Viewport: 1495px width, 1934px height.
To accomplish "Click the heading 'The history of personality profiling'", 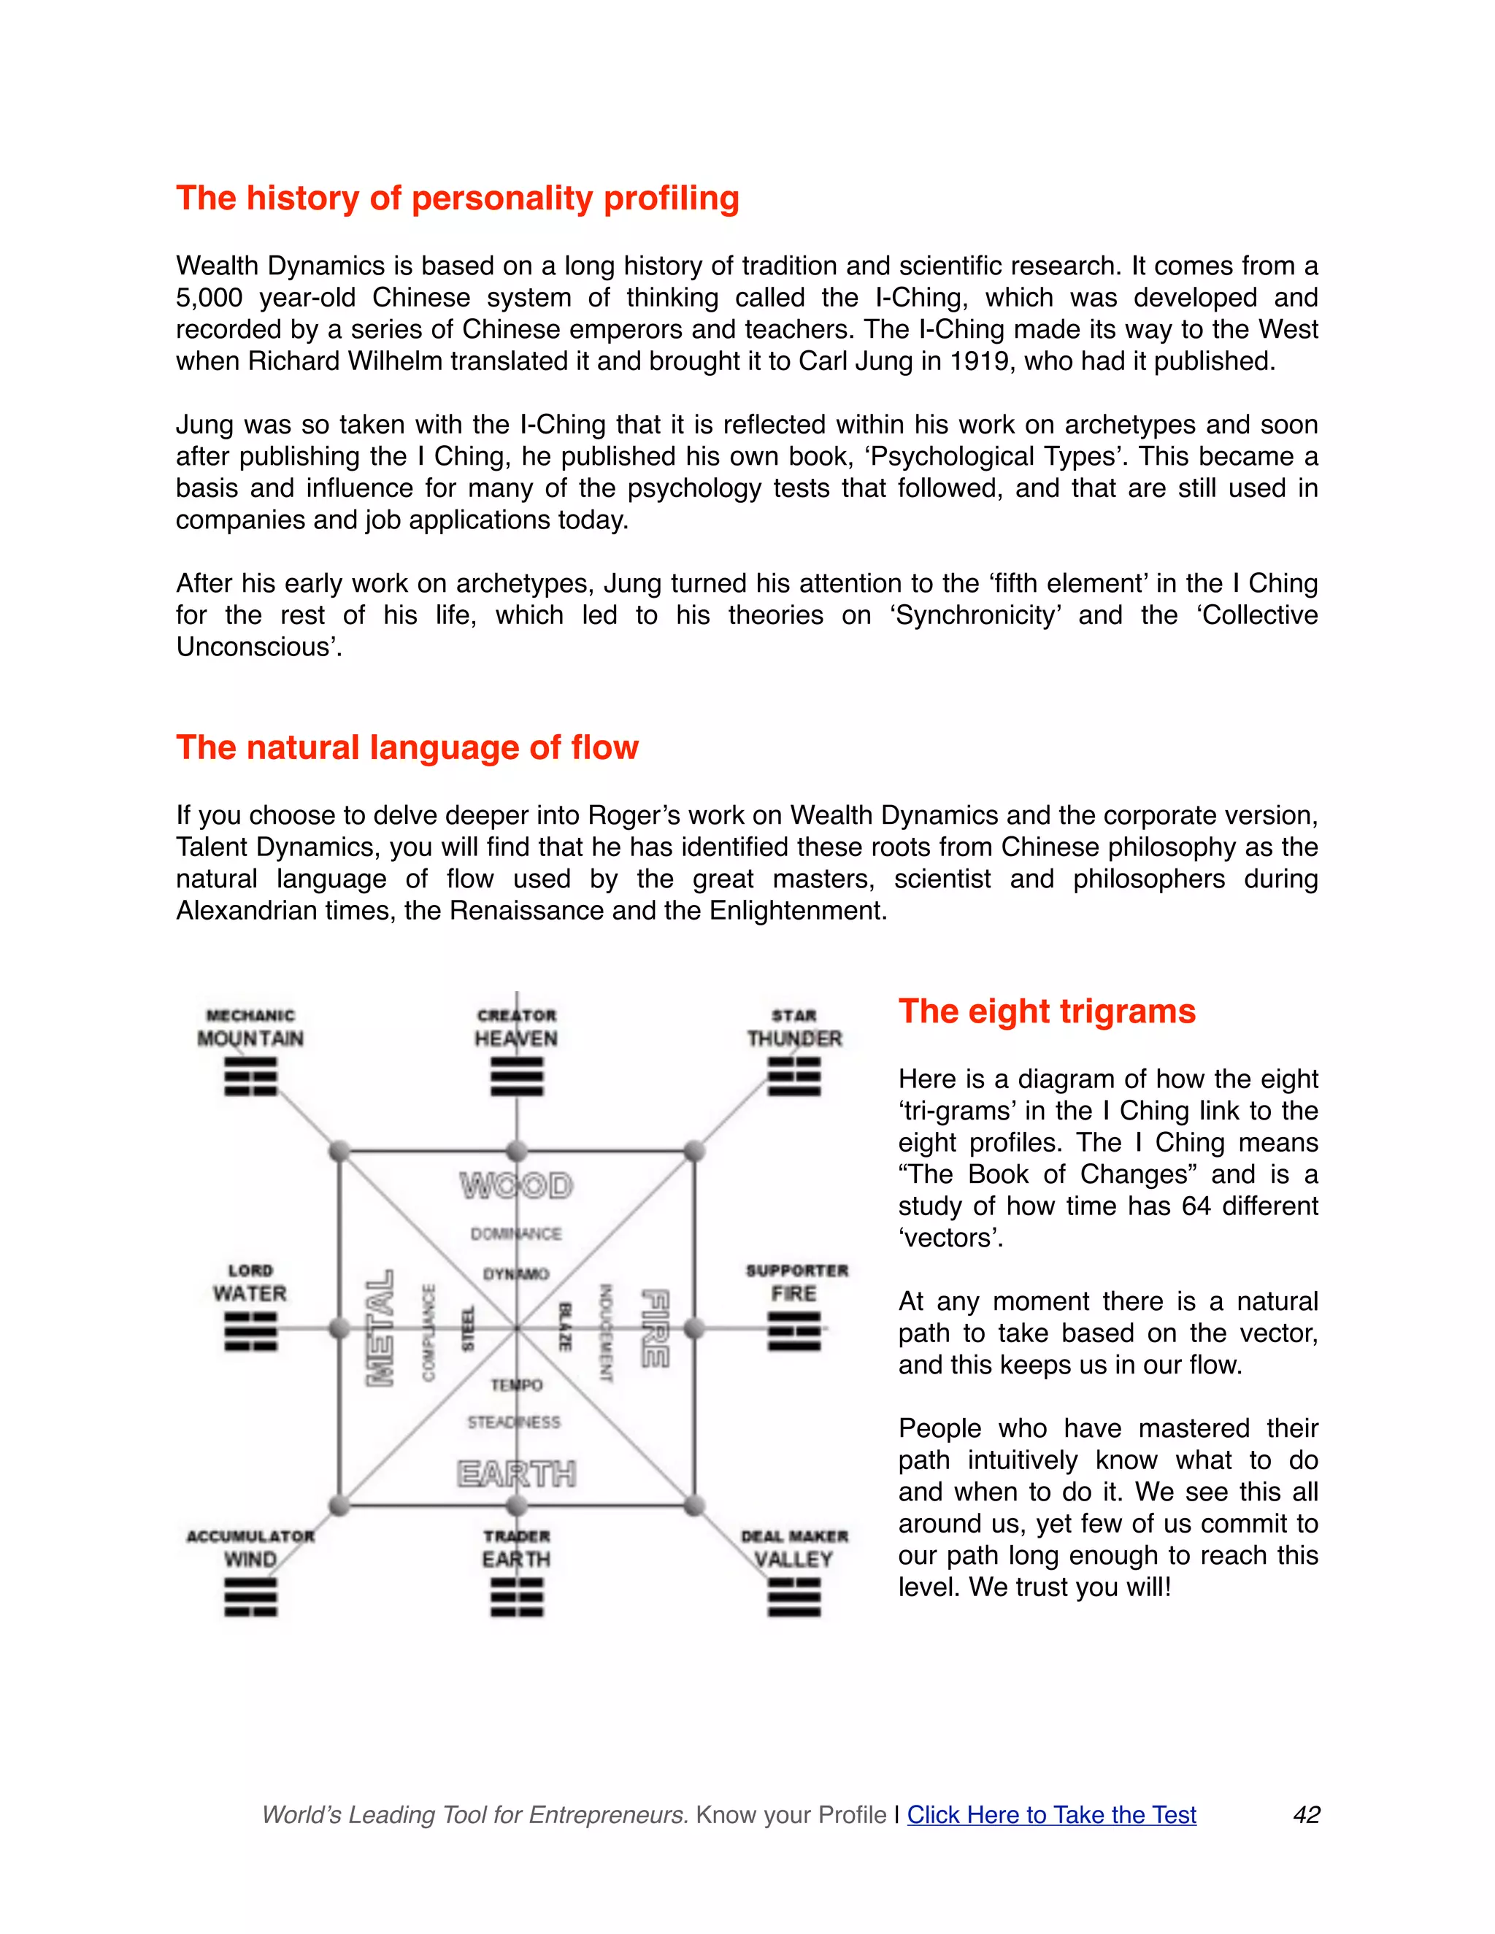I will point(457,199).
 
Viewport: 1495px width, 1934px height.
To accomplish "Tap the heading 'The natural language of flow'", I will point(407,747).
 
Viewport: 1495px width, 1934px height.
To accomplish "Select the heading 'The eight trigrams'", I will point(1047,1012).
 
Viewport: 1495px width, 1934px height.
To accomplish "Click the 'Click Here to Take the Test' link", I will point(1051,1814).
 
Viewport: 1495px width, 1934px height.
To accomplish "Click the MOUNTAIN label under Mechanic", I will point(250,1039).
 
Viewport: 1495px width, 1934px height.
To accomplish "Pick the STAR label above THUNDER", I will point(793,1016).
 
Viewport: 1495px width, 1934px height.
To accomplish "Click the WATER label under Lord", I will point(250,1294).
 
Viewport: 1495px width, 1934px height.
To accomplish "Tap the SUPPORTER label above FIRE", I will point(796,1271).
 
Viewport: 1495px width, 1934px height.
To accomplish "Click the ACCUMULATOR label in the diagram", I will point(250,1536).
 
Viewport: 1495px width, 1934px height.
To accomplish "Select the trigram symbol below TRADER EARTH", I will point(518,1598).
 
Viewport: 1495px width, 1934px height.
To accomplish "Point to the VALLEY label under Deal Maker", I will point(793,1560).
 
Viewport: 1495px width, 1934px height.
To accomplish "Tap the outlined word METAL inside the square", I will point(380,1328).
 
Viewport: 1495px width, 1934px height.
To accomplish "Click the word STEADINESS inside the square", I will point(514,1422).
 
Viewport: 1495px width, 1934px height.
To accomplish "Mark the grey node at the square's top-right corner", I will point(694,1151).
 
